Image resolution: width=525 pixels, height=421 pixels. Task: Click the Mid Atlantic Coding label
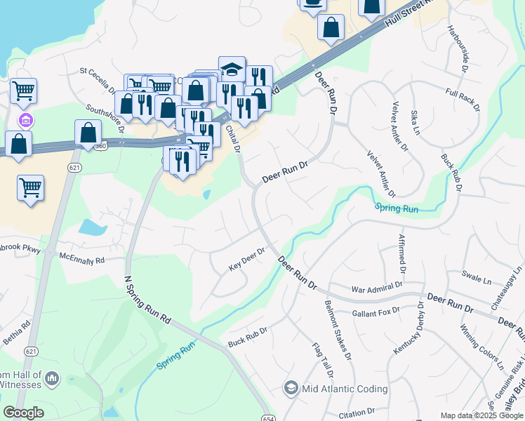pos(345,388)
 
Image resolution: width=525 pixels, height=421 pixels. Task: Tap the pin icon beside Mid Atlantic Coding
pos(291,388)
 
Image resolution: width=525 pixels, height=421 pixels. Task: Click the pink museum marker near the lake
pos(26,121)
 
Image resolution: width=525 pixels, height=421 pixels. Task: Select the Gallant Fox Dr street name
pos(376,310)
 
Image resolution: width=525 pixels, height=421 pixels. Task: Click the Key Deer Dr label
pos(246,260)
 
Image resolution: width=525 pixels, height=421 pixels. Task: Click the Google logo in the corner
pos(23,412)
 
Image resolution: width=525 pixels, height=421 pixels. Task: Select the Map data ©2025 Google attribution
pos(481,415)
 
